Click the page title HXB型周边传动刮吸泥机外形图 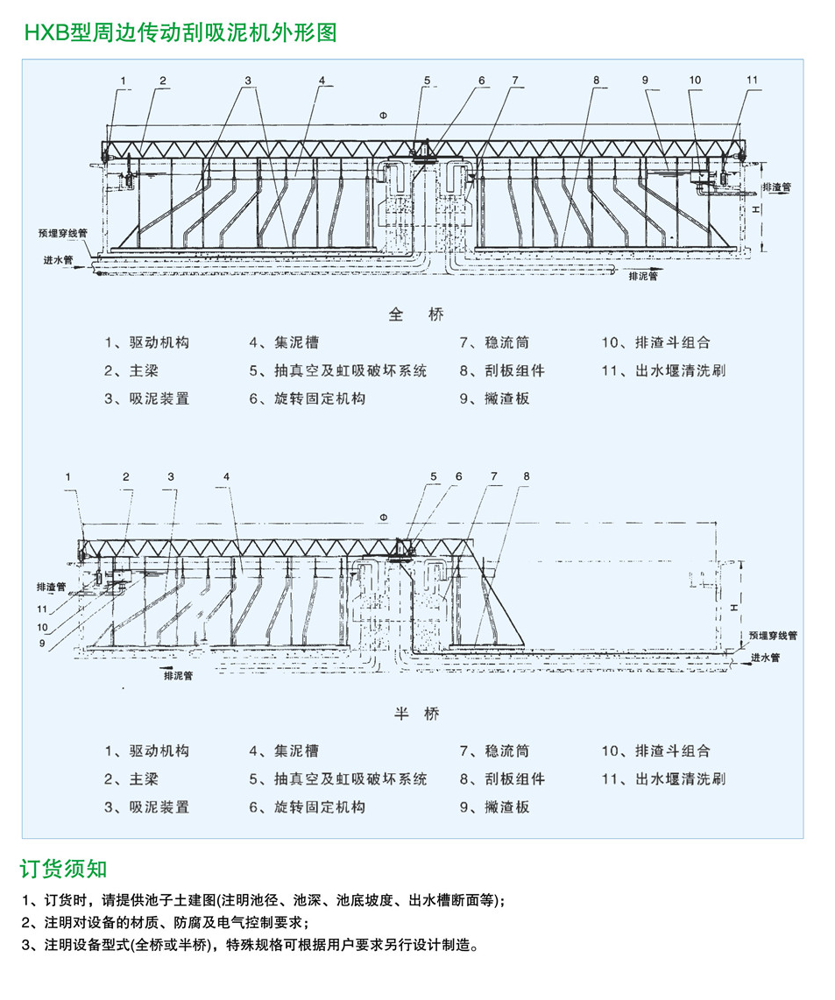[x=180, y=33]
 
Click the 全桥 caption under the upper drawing [x=416, y=314]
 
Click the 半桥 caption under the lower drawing [x=416, y=714]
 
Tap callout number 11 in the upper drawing [x=752, y=80]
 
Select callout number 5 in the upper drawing [x=427, y=81]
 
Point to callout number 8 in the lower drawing [x=526, y=476]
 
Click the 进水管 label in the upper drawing [x=59, y=260]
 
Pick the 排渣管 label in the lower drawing [x=52, y=586]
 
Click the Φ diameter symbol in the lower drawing [x=382, y=518]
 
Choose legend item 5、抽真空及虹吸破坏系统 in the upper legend [x=337, y=370]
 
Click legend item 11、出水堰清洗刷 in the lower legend [x=663, y=778]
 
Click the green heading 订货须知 [x=64, y=869]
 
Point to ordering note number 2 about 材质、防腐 [x=164, y=922]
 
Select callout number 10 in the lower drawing [x=43, y=627]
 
